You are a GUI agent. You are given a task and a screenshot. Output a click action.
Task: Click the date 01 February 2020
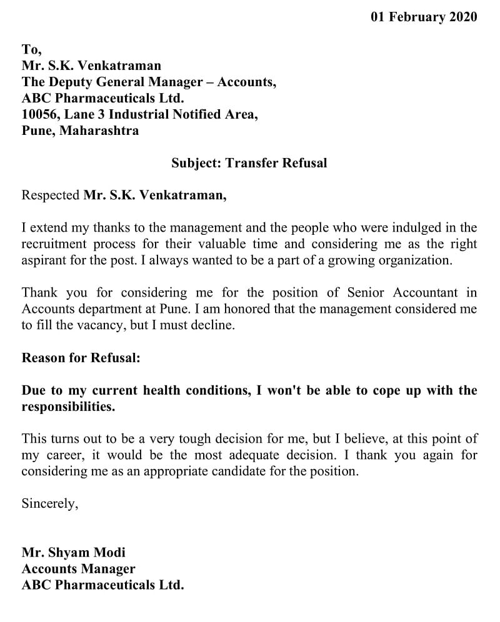tap(423, 17)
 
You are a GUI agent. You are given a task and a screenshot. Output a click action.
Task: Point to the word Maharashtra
tap(99, 131)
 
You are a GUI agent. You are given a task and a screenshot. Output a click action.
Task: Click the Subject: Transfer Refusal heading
tap(249, 163)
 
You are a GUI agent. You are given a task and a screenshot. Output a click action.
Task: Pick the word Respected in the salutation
tap(51, 195)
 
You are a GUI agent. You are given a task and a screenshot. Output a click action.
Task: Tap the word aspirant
tap(44, 260)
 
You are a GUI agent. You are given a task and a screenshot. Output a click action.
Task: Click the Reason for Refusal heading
tap(81, 358)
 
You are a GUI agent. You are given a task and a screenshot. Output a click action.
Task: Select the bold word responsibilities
tap(69, 407)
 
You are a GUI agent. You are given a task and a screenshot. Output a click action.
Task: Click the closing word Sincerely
tap(50, 504)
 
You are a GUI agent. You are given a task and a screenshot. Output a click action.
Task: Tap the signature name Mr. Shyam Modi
tap(73, 553)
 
